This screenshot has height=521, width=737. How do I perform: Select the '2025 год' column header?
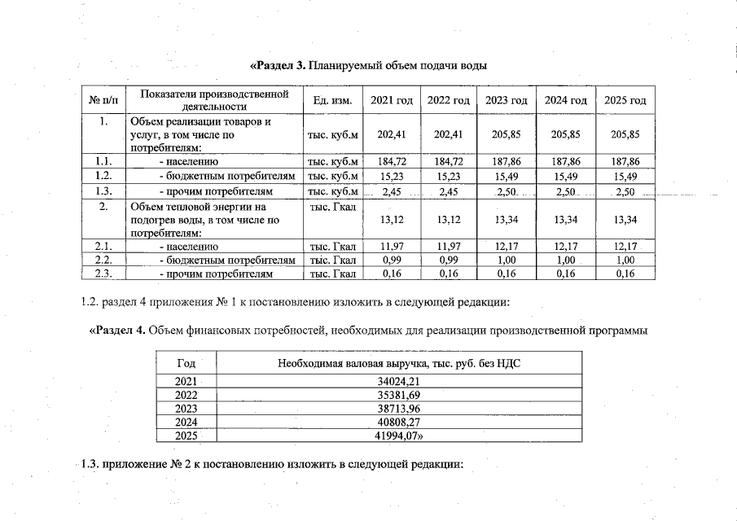click(625, 100)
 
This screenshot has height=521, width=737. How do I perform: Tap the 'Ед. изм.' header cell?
click(332, 100)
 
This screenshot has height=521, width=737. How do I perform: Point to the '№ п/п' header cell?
click(103, 100)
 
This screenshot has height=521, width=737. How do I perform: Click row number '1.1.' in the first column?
click(103, 162)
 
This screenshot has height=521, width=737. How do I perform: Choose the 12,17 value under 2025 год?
click(625, 246)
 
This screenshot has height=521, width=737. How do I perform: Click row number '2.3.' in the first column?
click(103, 274)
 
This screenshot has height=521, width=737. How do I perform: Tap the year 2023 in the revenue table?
click(186, 409)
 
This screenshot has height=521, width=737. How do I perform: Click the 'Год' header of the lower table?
click(186, 363)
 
